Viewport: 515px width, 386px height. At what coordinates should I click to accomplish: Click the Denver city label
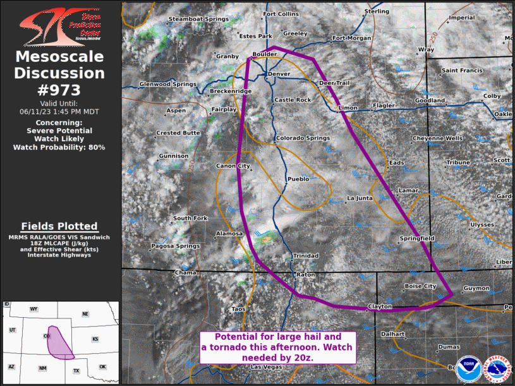pyautogui.click(x=279, y=74)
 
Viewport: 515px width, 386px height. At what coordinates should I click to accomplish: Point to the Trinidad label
pyautogui.click(x=306, y=256)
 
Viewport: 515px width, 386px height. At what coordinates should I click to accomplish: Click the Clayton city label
pyautogui.click(x=380, y=306)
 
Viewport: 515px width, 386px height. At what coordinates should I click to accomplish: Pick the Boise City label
pyautogui.click(x=420, y=286)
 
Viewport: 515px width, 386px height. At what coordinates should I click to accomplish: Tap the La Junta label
pyautogui.click(x=361, y=198)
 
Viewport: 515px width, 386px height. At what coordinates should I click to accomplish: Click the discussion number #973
pyautogui.click(x=59, y=90)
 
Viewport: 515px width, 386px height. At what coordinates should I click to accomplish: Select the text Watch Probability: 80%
pyautogui.click(x=59, y=147)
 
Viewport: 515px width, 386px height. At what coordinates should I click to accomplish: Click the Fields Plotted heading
pyautogui.click(x=59, y=226)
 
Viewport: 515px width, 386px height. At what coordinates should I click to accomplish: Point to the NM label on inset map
pyautogui.click(x=42, y=368)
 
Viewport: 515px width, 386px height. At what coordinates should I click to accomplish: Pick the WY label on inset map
pyautogui.click(x=34, y=309)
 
